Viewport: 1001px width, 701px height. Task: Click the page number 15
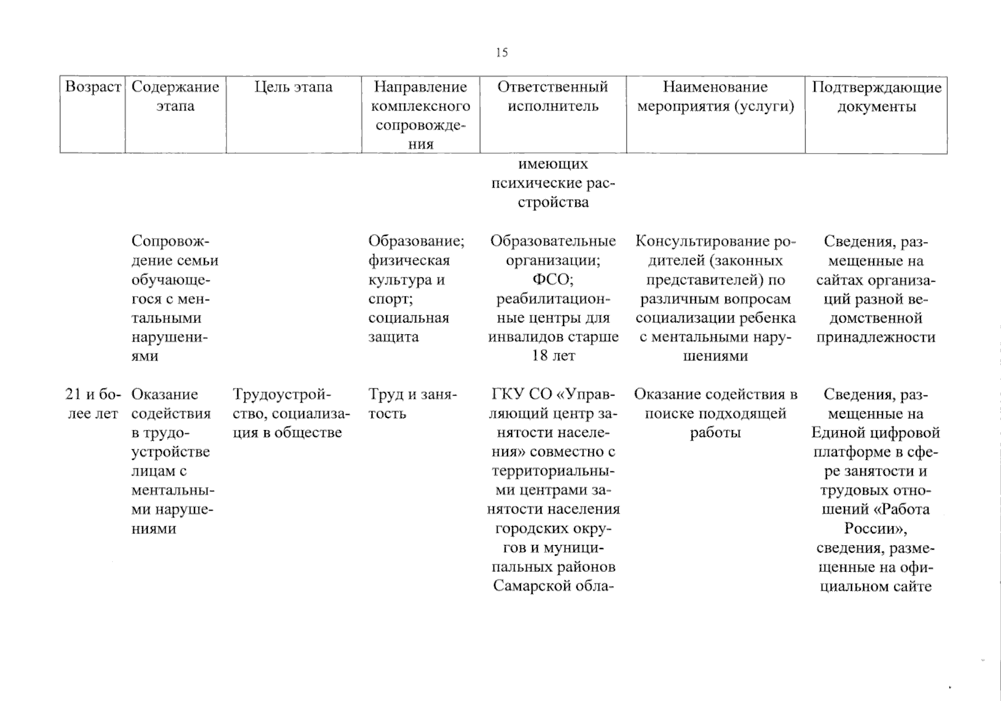502,53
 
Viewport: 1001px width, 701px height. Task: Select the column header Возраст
93,87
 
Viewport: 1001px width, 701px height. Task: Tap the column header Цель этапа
293,87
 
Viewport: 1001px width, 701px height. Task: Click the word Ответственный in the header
552,87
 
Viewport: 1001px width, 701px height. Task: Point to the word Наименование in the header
715,87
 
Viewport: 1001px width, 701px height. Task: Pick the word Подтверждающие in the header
876,87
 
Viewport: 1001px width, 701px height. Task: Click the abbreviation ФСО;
552,280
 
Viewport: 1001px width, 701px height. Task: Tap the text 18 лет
552,356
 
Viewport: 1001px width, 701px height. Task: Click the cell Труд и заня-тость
412,404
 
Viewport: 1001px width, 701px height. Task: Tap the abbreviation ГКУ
509,394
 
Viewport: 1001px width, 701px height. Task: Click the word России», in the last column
875,529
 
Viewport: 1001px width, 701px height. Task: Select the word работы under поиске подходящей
715,433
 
